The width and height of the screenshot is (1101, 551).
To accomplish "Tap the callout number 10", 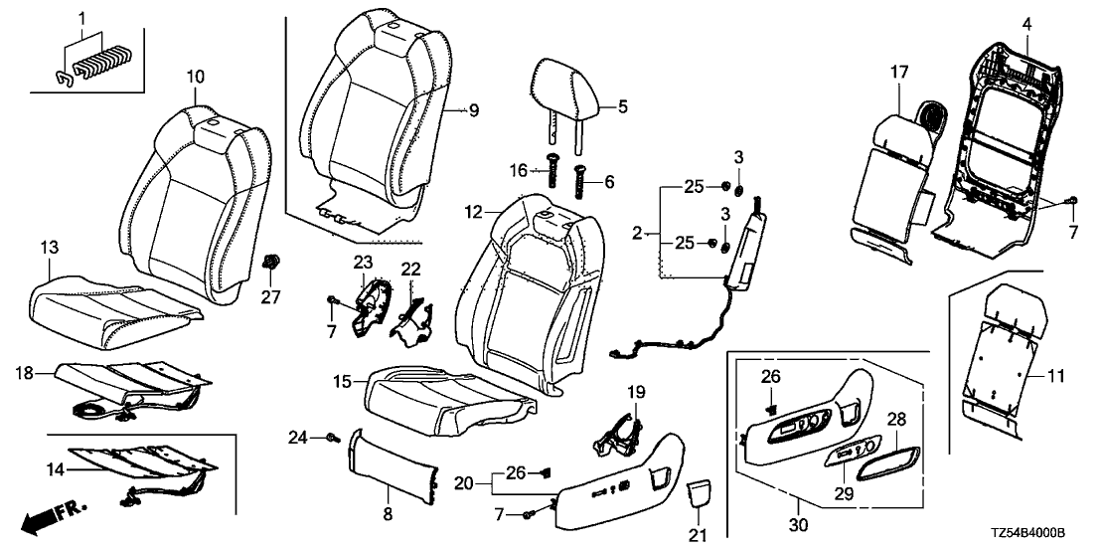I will coord(195,75).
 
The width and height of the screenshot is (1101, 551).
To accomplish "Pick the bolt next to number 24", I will coord(332,437).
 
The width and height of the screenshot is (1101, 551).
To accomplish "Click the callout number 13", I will coord(49,246).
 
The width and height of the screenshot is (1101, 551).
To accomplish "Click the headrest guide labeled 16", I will coord(550,181).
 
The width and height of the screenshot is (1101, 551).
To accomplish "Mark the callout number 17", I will coord(898,71).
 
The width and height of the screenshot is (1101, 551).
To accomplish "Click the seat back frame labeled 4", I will coord(1004,149).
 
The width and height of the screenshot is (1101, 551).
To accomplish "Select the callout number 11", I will coord(1055,377).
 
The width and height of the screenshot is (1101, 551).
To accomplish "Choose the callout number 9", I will coord(473,111).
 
